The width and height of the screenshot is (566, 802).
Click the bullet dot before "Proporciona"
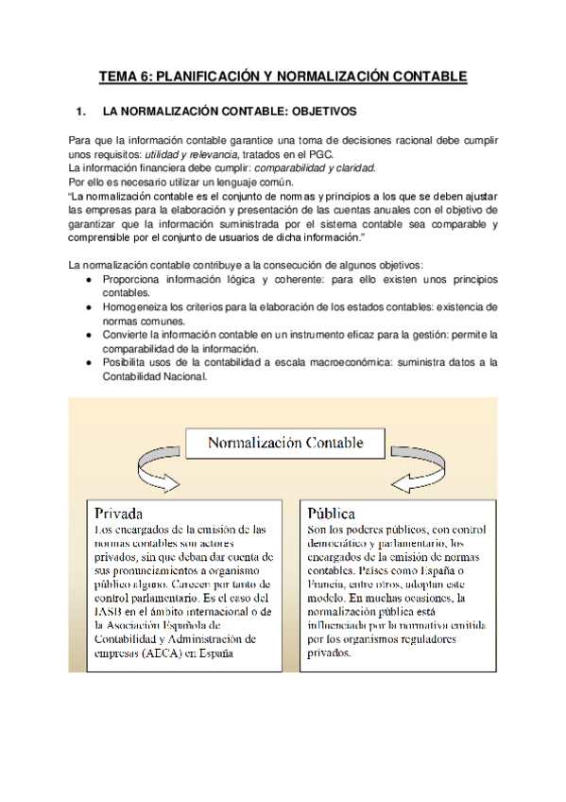(88, 281)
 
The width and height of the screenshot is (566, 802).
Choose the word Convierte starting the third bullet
(125, 335)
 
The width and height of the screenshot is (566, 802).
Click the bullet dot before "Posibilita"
(88, 362)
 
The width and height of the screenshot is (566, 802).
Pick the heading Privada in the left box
(117, 514)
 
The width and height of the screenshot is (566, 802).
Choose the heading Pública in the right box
(332, 514)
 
